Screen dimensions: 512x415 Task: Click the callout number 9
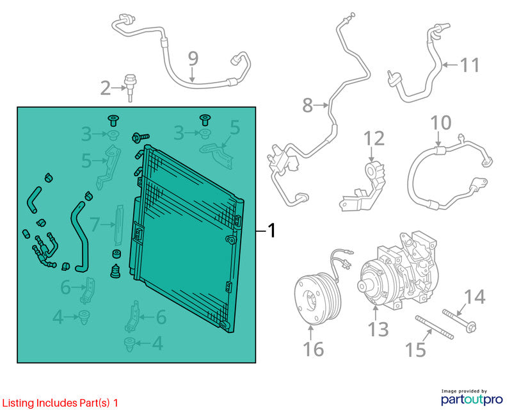click(193, 59)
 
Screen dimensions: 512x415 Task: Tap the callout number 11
click(470, 65)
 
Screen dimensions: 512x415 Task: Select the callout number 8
click(308, 105)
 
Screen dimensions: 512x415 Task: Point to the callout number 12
click(374, 138)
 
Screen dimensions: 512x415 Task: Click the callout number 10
click(441, 122)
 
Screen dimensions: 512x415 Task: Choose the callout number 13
click(378, 329)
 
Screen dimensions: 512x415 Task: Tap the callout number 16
click(314, 348)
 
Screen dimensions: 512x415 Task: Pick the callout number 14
click(475, 297)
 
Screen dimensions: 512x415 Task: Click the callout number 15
click(415, 349)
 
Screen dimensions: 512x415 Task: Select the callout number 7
click(94, 225)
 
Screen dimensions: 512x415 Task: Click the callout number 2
click(105, 88)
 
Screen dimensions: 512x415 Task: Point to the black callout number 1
click(271, 231)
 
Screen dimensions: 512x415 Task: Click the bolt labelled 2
click(130, 88)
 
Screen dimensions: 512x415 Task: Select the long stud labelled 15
click(435, 328)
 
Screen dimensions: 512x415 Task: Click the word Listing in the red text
click(18, 403)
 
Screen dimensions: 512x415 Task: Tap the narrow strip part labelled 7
click(119, 225)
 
